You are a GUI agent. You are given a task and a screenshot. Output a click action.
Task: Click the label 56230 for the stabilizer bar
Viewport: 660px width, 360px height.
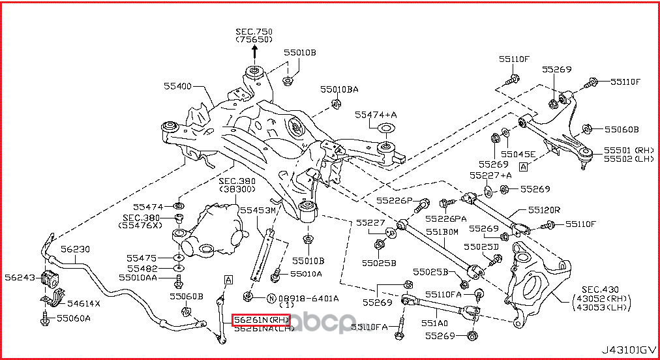click(76, 249)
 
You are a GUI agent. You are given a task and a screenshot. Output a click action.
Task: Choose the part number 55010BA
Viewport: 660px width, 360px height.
click(338, 89)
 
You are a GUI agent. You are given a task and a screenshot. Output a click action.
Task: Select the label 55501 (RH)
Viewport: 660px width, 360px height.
click(623, 149)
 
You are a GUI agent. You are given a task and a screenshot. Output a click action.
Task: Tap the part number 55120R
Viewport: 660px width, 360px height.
click(544, 211)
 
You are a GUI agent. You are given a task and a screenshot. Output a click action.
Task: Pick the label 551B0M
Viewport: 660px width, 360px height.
click(443, 232)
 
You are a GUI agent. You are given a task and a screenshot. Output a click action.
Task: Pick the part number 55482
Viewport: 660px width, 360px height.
click(142, 268)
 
